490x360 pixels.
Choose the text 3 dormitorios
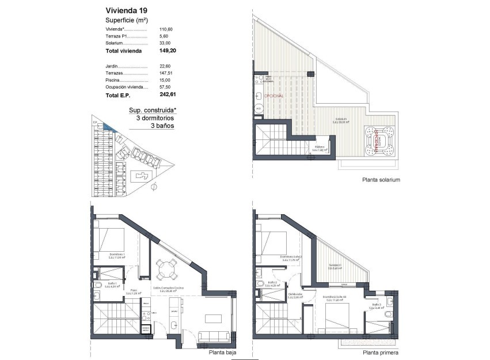(155, 118)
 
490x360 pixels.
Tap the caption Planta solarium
(381, 180)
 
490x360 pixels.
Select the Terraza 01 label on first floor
(335, 266)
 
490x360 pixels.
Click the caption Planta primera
(380, 353)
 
